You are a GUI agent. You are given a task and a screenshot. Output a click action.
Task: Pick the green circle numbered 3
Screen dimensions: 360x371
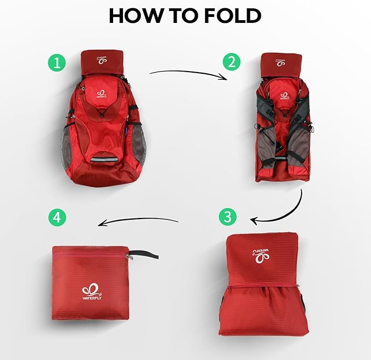227,216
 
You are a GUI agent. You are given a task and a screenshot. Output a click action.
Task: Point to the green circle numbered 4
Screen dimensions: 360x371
57,218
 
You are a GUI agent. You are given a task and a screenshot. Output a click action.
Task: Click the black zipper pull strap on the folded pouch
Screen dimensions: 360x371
145,254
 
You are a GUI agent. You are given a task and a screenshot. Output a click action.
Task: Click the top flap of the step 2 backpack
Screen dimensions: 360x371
282,64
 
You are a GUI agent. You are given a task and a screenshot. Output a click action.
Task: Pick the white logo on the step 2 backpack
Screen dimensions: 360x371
285,96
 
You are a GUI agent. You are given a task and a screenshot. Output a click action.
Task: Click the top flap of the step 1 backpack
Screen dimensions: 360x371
103,62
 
